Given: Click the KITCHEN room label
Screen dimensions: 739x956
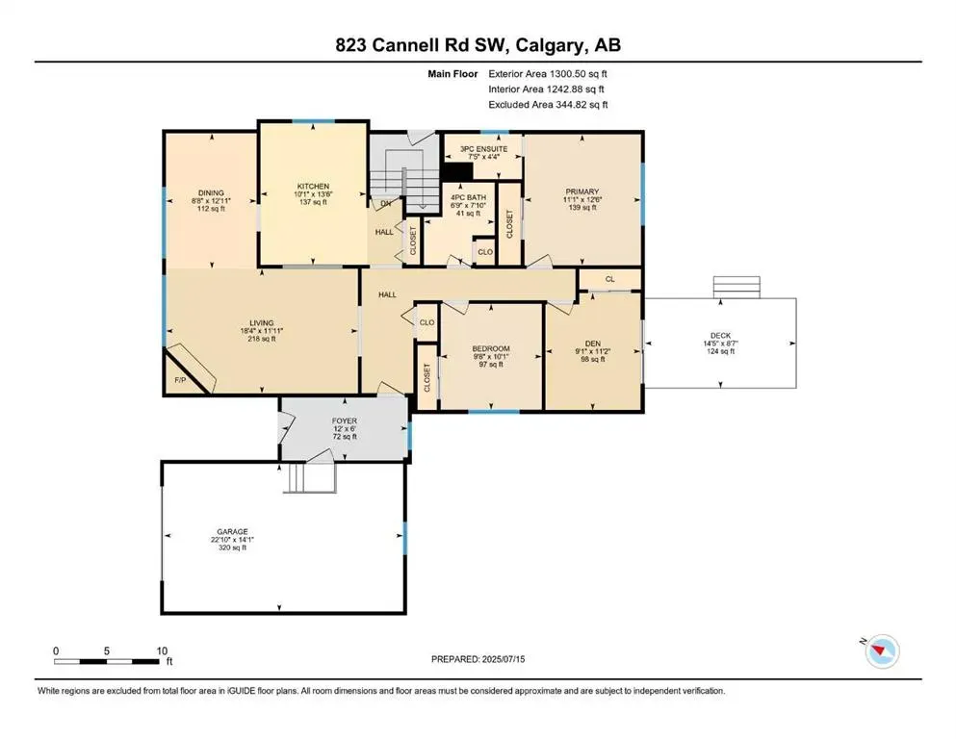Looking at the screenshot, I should (x=313, y=186).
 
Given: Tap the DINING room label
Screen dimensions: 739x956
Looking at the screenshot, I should (x=211, y=191).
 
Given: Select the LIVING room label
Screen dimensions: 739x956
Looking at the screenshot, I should (x=261, y=322).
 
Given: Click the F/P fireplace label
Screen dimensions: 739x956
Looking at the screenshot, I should (x=180, y=381).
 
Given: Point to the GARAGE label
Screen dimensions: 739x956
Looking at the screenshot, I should (x=232, y=531).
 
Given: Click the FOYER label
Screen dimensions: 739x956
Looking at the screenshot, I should (x=345, y=420).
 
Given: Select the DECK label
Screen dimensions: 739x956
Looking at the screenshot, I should (x=720, y=333).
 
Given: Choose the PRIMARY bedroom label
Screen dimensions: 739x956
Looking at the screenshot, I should (x=581, y=191).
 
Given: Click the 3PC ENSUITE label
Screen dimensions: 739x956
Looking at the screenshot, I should (x=482, y=149).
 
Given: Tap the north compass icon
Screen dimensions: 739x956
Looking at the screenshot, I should (x=882, y=651).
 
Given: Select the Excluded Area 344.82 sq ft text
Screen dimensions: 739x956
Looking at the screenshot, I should (x=548, y=104).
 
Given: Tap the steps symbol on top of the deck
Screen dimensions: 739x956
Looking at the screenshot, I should (x=728, y=287).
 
